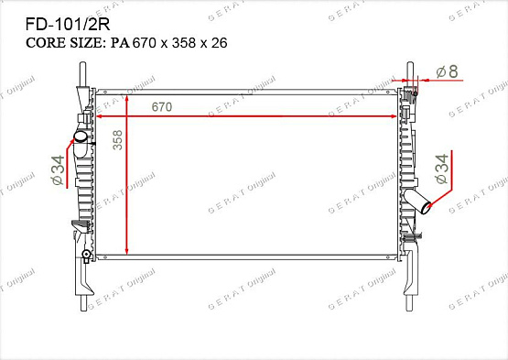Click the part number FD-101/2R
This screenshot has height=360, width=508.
(x=68, y=25)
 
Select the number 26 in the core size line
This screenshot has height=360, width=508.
(x=220, y=43)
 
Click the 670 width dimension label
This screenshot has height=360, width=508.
(x=162, y=106)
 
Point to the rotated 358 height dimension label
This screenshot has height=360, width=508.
(x=118, y=140)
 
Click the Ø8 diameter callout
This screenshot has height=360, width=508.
(x=447, y=71)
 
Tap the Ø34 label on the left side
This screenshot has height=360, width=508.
(x=59, y=170)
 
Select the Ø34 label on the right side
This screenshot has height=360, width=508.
(x=442, y=169)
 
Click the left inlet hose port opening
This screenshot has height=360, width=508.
(x=81, y=136)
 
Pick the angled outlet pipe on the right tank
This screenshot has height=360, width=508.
(x=417, y=202)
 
